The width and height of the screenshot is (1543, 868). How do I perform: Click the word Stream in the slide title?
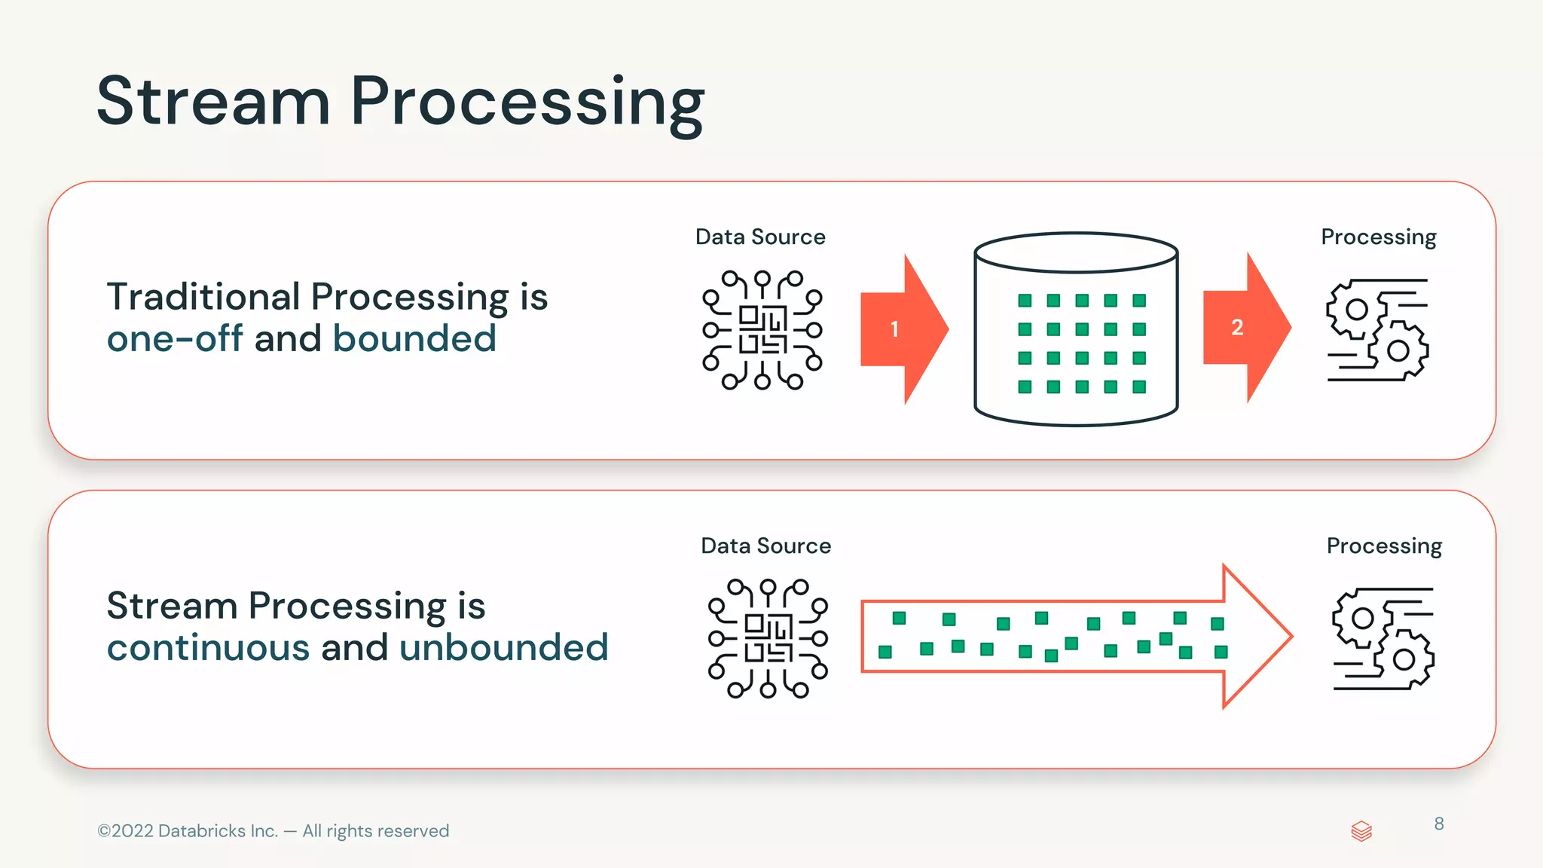[213, 102]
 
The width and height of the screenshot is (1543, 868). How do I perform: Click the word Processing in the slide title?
[527, 104]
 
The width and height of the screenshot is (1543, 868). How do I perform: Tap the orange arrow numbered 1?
[901, 329]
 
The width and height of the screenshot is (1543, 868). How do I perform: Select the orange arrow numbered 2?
[1244, 327]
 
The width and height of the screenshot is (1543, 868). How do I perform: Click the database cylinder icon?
[1076, 329]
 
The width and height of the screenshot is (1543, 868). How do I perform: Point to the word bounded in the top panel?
[414, 338]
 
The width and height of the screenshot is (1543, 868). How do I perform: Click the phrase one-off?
[175, 338]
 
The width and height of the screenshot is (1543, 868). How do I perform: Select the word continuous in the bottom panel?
[208, 647]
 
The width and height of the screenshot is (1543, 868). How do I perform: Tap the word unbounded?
[503, 647]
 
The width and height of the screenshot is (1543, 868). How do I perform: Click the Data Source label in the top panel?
[760, 237]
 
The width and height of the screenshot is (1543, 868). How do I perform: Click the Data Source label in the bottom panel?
[765, 546]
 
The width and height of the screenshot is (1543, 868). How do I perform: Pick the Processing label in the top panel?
[1378, 237]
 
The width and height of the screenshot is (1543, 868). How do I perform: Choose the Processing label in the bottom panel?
[1384, 546]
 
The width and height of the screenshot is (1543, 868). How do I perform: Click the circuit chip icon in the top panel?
[762, 330]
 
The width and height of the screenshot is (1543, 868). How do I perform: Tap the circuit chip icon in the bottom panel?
[768, 638]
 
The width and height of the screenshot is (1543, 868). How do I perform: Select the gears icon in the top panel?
[1377, 330]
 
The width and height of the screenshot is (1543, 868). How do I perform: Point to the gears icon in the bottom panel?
[1383, 638]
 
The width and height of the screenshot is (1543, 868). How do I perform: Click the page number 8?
[1439, 824]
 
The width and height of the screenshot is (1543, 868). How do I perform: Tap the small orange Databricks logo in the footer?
[1361, 831]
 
